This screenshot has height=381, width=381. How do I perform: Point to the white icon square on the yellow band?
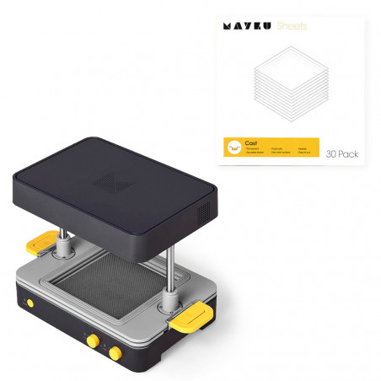click(233, 148)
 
